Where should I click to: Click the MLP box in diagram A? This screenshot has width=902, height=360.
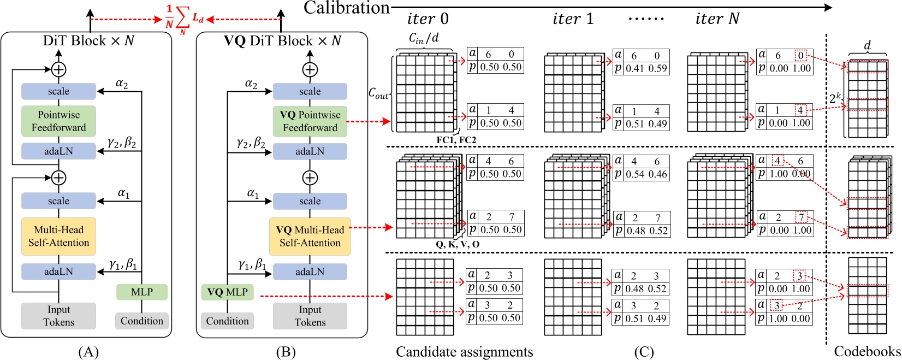coord(142,292)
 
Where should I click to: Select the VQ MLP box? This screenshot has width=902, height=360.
coord(227,292)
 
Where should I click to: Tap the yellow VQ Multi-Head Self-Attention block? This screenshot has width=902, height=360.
coord(310,237)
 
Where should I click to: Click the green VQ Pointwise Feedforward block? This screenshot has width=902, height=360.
coord(310,121)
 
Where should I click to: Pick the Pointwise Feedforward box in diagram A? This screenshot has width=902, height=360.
coord(58,121)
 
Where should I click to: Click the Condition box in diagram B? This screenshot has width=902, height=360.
coord(227,321)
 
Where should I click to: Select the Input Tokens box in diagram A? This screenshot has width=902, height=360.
coord(58,316)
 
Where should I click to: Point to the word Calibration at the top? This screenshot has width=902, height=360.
coord(346,8)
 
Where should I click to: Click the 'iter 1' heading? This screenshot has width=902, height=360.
coord(573,19)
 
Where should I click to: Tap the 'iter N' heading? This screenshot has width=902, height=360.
coord(717,19)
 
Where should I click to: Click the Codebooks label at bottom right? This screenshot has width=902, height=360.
coord(867,351)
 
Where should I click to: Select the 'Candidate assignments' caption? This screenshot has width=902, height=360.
coord(464,351)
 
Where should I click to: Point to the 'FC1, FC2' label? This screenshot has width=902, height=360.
coord(456,140)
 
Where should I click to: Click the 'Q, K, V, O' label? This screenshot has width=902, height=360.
coord(458,244)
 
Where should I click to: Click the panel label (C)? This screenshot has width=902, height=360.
coord(644,352)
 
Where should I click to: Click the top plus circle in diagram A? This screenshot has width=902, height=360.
coord(58,69)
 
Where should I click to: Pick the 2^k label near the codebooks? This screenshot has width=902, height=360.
coord(835,99)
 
